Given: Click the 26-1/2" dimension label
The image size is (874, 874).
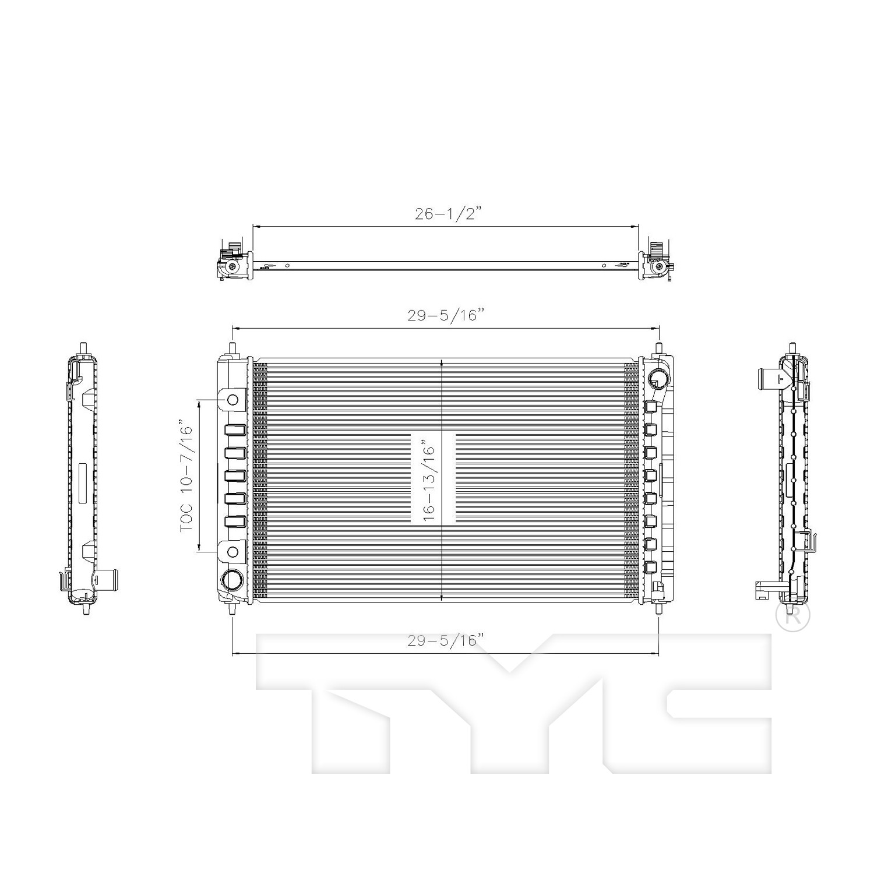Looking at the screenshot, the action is (449, 214).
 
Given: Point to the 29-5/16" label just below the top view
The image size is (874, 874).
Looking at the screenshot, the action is (446, 315).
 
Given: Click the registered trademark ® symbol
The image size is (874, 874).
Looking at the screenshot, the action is (793, 616).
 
